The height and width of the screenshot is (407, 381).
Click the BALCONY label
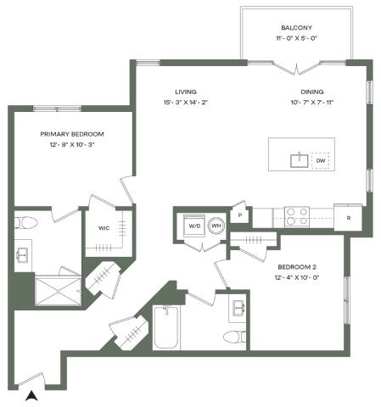click(x=296, y=28)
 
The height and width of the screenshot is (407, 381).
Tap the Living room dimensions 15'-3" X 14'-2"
click(x=186, y=103)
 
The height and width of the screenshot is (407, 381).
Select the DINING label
click(x=312, y=92)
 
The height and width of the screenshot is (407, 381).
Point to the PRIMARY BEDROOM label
click(x=72, y=134)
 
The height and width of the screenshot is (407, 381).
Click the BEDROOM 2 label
click(x=297, y=267)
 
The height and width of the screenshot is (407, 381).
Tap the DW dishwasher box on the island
click(x=321, y=160)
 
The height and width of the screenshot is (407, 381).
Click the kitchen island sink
click(x=300, y=160)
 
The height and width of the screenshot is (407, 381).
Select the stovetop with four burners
click(x=297, y=216)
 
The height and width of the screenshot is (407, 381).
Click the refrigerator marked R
click(x=348, y=217)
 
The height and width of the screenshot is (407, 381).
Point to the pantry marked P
click(x=240, y=215)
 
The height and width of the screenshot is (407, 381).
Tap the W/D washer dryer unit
click(x=194, y=226)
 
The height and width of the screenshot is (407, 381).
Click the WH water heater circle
click(x=216, y=226)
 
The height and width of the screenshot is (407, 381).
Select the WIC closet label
click(x=104, y=228)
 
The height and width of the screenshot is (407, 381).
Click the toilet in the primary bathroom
click(x=25, y=223)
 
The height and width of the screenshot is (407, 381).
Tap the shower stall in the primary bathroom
click(x=58, y=291)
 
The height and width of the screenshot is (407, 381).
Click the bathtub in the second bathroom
click(x=166, y=327)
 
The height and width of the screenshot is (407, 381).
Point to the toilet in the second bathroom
click(x=234, y=337)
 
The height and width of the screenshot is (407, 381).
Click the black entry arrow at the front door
click(x=31, y=396)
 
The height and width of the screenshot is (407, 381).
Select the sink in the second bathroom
click(x=238, y=307)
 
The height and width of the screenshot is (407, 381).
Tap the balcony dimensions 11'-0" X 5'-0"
click(x=296, y=38)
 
